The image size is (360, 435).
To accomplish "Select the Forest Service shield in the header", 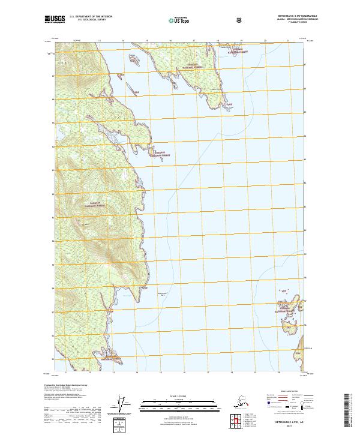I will (x=239, y=20).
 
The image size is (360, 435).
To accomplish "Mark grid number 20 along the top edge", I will (x=265, y=40).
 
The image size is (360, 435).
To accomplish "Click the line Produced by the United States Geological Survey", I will (x=66, y=385).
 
